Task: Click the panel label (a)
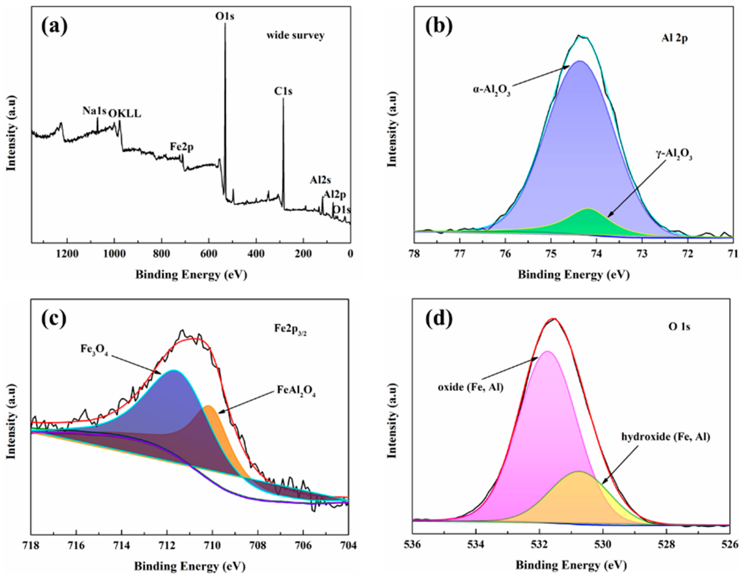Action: pos(54,26)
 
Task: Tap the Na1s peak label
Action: pos(94,111)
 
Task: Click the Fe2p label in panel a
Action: pos(182,147)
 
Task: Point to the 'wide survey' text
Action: pos(295,35)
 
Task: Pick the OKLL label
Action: pos(124,114)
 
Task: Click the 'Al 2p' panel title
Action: pos(674,38)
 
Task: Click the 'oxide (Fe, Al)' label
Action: pos(470,387)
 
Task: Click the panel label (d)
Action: pos(439,318)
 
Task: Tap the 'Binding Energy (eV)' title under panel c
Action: pos(190,566)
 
